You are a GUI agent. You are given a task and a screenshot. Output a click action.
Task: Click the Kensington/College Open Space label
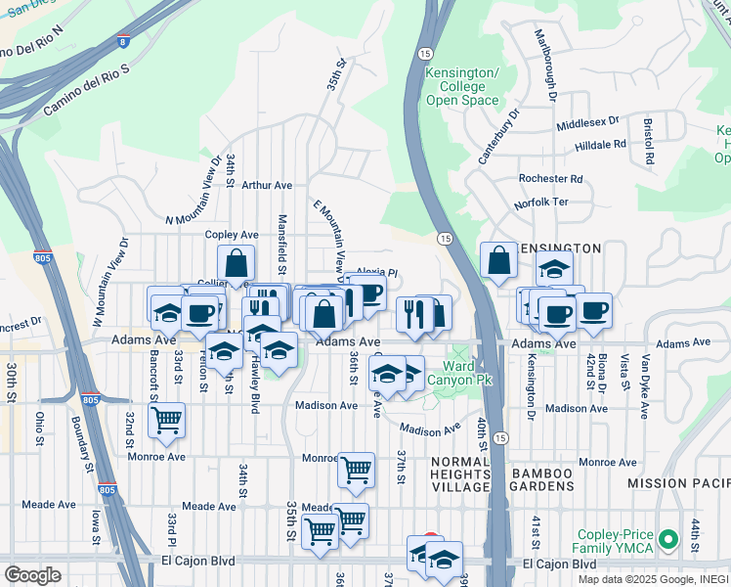(x=462, y=87)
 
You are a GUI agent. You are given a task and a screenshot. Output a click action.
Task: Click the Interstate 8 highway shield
(x=121, y=41)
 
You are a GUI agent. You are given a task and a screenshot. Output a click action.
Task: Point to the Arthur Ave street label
(x=267, y=185)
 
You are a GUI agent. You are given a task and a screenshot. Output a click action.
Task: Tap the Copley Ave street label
(x=231, y=235)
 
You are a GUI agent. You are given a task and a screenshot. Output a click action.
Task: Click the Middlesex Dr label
(x=587, y=123)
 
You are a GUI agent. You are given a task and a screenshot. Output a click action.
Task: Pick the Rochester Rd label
(x=550, y=179)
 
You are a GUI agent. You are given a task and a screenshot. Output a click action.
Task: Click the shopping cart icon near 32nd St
(x=166, y=420)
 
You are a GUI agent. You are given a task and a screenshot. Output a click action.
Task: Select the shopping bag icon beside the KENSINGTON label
(x=498, y=260)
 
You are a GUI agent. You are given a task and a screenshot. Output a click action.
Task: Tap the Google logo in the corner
(x=32, y=574)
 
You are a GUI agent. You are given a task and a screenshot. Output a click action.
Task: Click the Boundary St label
(x=81, y=445)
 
